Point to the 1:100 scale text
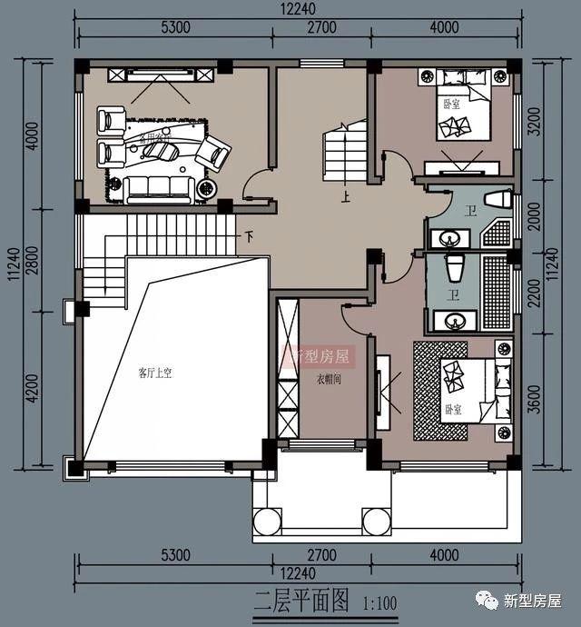[x=379, y=602]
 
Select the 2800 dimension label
[x=32, y=257]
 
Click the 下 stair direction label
[x=249, y=237]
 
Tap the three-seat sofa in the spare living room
[x=160, y=188]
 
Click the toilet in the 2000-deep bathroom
[x=496, y=199]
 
